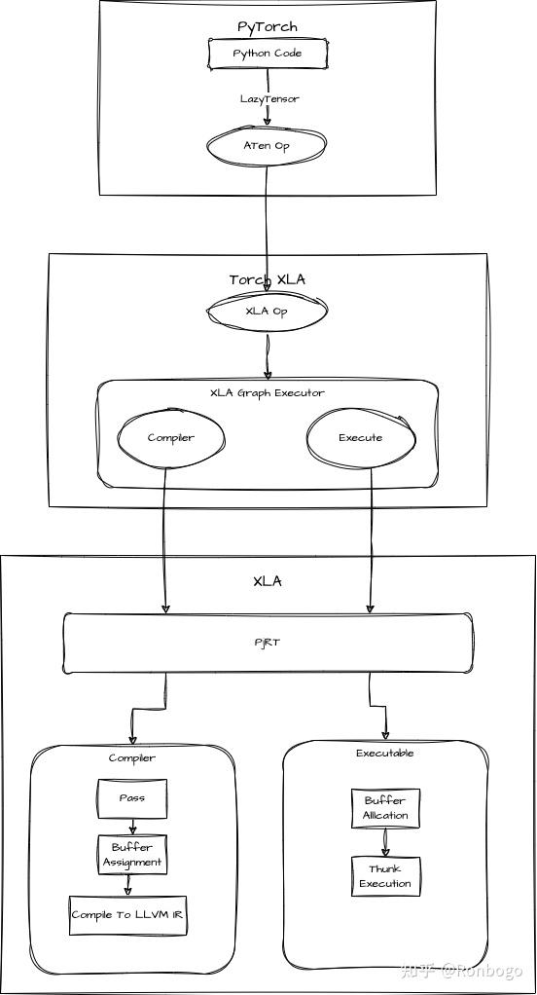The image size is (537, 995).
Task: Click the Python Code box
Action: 267,54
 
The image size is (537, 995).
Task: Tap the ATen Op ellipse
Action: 267,145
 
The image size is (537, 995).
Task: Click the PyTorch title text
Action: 267,26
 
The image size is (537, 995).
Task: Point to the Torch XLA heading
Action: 267,279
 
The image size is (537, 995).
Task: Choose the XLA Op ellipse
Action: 267,312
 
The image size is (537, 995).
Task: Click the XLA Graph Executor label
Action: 267,393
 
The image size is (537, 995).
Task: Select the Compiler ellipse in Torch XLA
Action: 170,438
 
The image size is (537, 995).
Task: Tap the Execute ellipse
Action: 360,438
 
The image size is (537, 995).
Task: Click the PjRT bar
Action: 267,643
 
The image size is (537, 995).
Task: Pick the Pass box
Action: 132,798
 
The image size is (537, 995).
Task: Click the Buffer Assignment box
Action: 132,855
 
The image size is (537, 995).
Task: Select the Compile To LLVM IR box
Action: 127,915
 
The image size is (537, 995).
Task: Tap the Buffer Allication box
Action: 385,808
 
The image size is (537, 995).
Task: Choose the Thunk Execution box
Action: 385,876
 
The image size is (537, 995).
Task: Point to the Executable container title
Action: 385,753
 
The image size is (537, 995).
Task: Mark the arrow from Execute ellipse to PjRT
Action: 371,545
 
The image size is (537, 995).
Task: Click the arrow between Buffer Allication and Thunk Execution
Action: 385,842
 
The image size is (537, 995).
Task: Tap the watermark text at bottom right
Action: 462,971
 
